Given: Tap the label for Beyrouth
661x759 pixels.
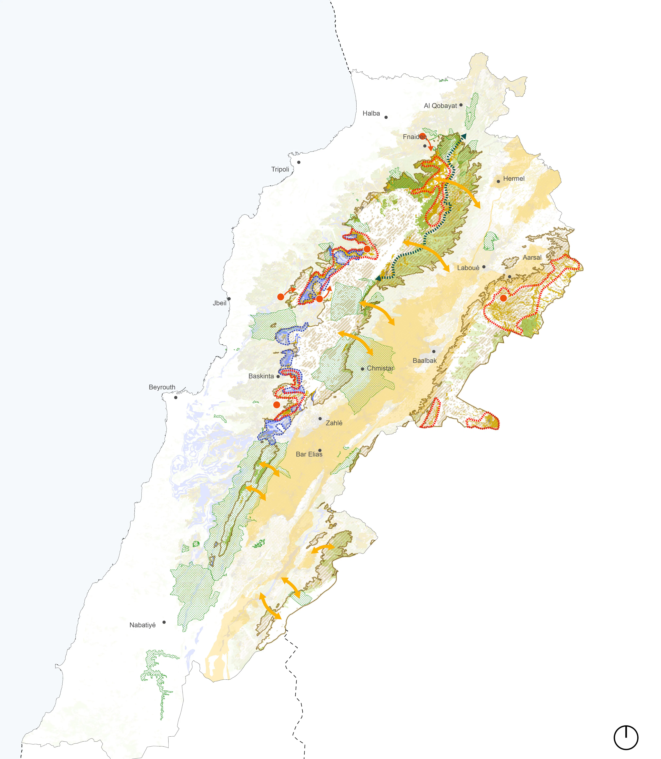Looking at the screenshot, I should (x=162, y=387).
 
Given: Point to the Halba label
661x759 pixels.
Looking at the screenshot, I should (x=371, y=113).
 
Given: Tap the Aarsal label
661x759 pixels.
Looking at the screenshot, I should (x=532, y=258).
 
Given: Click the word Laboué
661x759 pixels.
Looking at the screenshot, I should (x=468, y=268).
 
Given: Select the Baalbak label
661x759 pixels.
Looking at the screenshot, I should (x=425, y=361).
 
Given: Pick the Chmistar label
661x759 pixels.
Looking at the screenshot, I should (x=380, y=368).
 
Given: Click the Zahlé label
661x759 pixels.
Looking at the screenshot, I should (x=334, y=423).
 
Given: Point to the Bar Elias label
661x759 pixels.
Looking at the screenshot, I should (x=309, y=454).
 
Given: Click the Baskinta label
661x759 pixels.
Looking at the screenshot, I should (x=261, y=376).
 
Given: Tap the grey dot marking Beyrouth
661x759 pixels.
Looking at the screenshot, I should (x=176, y=398).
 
